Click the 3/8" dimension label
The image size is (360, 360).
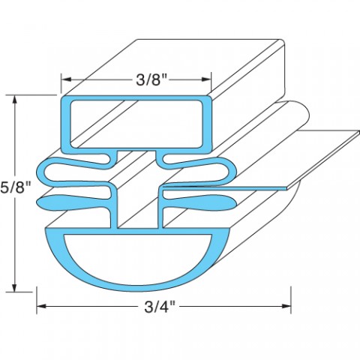point(151,80)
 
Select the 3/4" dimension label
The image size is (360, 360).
point(160,307)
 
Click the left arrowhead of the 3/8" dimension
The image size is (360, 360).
point(66,79)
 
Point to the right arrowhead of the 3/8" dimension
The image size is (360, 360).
point(206,79)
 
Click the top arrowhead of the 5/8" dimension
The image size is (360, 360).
point(16,100)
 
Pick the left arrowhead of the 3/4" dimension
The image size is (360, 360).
point(41,306)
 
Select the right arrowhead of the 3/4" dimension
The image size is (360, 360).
point(286,306)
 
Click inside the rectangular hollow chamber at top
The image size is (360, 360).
point(136,124)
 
